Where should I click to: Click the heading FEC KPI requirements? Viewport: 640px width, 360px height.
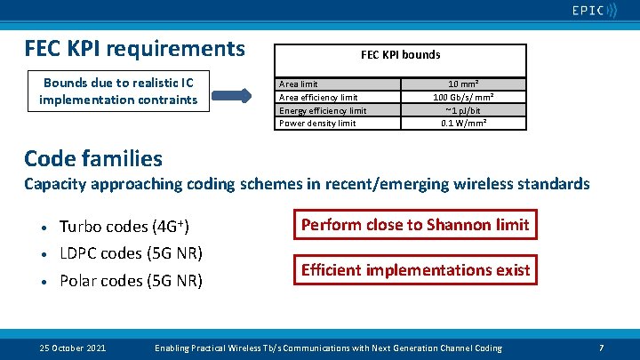(x=134, y=47)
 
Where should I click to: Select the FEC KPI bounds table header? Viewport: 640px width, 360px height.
(x=400, y=54)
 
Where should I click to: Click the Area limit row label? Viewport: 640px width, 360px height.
(x=299, y=84)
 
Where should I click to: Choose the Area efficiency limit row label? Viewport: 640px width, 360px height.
(x=318, y=97)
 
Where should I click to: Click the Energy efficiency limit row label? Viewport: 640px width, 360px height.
(x=323, y=110)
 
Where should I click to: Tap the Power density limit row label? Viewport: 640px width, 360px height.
(x=317, y=123)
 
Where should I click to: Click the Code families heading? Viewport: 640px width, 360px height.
(x=93, y=158)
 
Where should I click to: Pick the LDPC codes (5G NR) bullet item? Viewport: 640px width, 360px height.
(x=131, y=253)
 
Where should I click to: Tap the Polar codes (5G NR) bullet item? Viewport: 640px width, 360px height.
(x=131, y=281)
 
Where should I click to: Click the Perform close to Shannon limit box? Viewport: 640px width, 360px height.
(x=415, y=225)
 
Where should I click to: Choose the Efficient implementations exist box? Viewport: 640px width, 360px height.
(x=415, y=269)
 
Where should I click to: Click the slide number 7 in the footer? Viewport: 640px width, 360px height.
(x=602, y=348)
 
